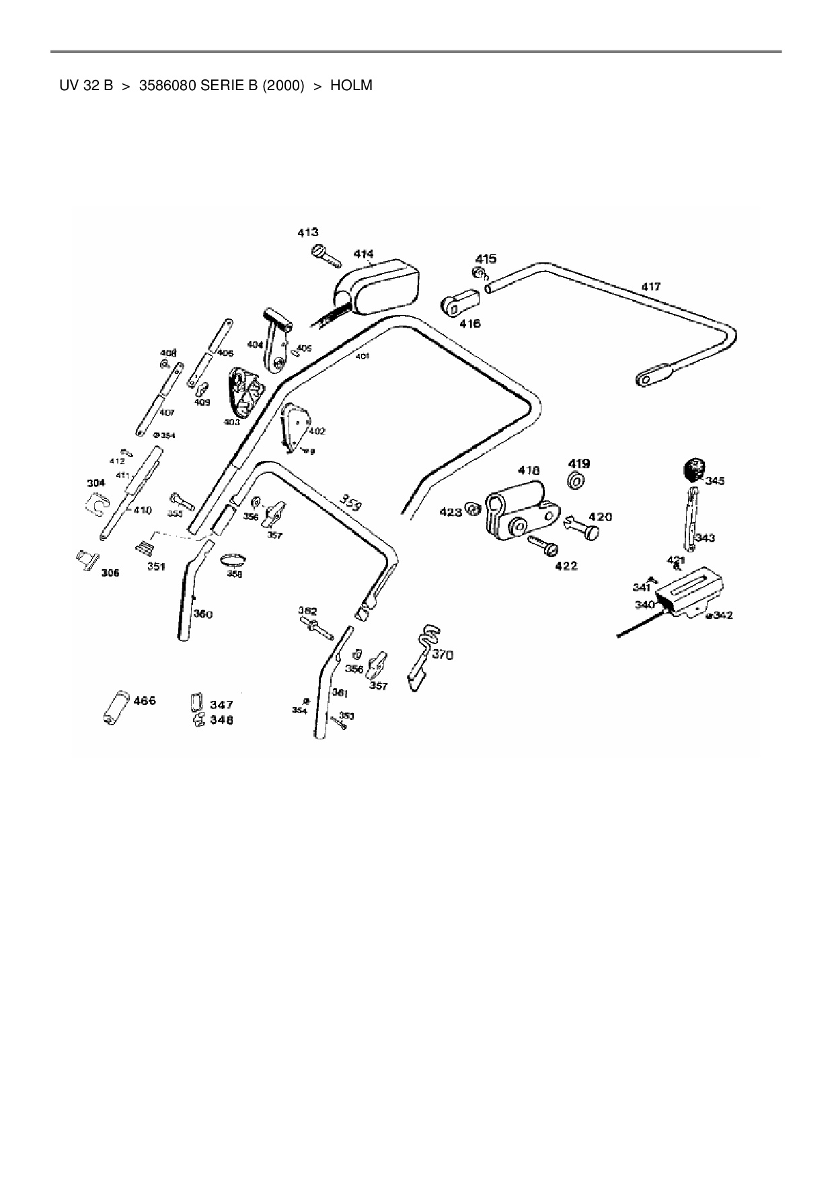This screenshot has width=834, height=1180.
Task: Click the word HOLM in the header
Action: pos(351,85)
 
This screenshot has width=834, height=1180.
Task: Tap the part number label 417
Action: pos(650,287)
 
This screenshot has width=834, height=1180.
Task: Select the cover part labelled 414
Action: pos(377,287)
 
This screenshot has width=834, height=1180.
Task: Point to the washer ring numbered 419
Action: pos(576,481)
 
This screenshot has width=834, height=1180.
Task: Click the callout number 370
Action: pos(442,655)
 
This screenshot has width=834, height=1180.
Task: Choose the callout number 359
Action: pos(349,503)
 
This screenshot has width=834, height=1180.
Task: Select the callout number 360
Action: pos(202,614)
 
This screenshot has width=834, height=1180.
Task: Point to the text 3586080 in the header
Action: pos(167,85)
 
